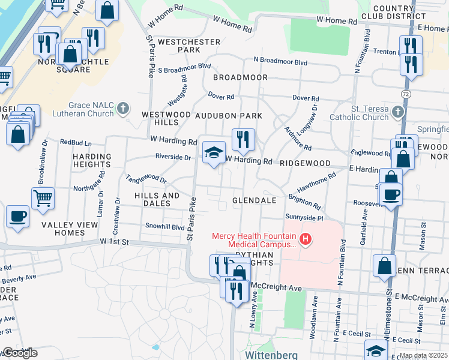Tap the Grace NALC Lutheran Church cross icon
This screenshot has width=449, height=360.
pyautogui.click(x=123, y=109)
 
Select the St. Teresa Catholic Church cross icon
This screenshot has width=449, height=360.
pyautogui.click(x=397, y=112)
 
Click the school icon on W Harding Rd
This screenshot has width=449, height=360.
pyautogui.click(x=212, y=152)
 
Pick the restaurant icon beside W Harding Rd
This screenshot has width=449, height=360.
pyautogui.click(x=243, y=140)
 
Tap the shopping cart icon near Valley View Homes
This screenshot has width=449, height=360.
pyautogui.click(x=43, y=198)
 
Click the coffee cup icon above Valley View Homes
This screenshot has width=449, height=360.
pyautogui.click(x=17, y=217)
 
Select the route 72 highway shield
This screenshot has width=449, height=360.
pyautogui.click(x=406, y=95)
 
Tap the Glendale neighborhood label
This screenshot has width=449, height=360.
pyautogui.click(x=255, y=200)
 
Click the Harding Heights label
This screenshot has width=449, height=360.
pyautogui.click(x=92, y=160)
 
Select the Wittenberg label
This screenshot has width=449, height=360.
pyautogui.click(x=271, y=355)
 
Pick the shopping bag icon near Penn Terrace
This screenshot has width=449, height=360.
pyautogui.click(x=384, y=266)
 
